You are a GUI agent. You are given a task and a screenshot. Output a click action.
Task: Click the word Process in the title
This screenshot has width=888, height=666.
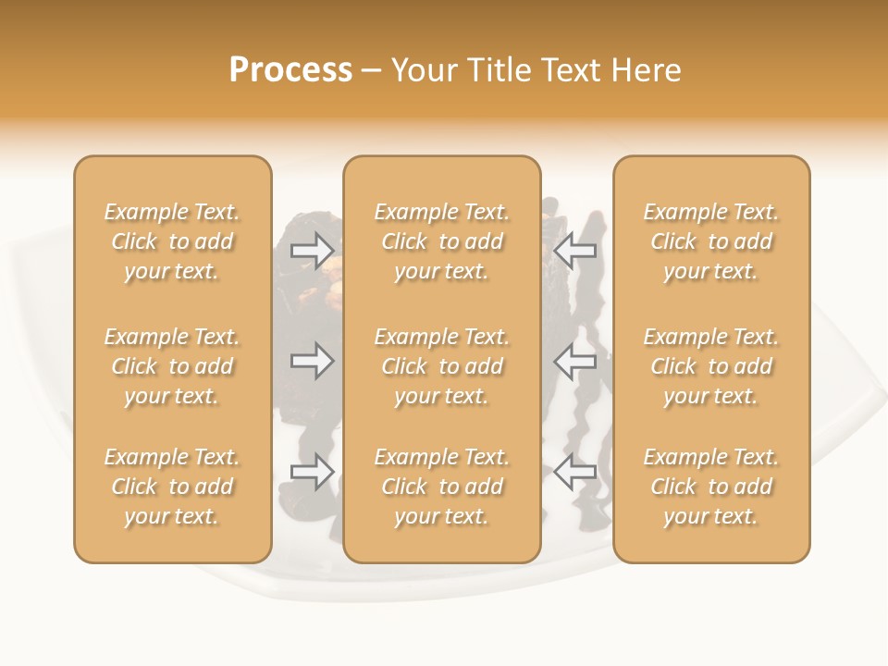pos(290,70)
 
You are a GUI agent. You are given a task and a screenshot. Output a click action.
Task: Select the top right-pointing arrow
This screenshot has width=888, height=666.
pos(313,250)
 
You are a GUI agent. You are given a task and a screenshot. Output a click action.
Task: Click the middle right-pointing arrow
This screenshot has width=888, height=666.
pos(313,361)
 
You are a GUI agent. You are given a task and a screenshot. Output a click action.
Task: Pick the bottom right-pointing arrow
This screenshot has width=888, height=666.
pos(313,472)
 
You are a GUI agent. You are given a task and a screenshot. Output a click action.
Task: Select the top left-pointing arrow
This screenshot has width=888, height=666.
pos(575,250)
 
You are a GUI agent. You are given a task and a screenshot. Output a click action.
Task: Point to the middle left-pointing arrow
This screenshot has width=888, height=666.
pos(575,361)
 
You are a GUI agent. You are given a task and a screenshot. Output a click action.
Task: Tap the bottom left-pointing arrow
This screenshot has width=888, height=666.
pos(575,472)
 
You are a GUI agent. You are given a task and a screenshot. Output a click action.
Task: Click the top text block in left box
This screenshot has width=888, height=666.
pos(172,241)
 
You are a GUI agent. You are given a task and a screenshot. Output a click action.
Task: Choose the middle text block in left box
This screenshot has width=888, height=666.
pos(172,366)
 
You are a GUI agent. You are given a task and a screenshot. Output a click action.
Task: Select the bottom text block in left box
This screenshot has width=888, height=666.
pos(172,487)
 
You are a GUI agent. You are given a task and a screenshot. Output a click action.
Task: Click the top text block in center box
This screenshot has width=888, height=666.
pos(441,241)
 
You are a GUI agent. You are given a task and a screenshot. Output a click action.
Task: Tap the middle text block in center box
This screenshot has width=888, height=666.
pos(441,366)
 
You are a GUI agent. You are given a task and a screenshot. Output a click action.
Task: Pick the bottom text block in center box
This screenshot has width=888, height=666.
pos(441,487)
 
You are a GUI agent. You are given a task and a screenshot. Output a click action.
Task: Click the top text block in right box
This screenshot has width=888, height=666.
pos(710,241)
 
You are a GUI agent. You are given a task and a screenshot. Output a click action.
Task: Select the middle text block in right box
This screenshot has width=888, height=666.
pos(710,366)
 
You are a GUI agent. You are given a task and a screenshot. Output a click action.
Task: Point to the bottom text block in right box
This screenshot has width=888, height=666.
pos(710,487)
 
